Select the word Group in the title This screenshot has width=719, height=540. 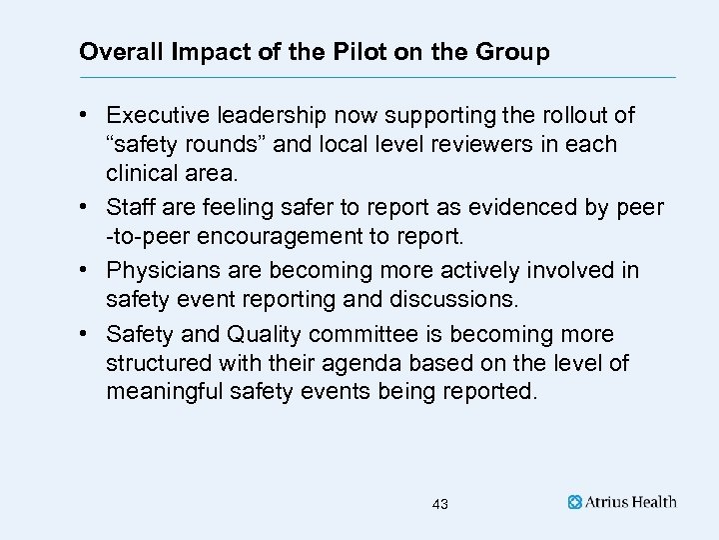[512, 52]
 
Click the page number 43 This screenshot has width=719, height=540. [440, 505]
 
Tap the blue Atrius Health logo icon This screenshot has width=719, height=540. [575, 502]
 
